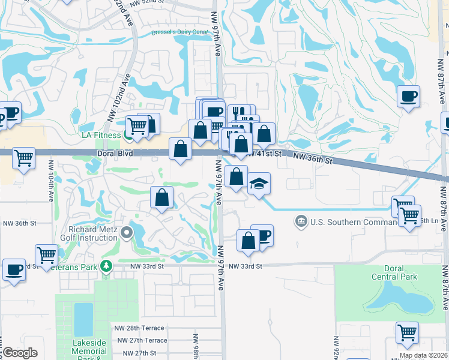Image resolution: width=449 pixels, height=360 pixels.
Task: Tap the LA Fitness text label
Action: point(102,135)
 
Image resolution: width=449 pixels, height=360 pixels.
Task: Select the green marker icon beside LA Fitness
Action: point(128,135)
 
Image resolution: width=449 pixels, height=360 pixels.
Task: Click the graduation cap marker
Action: point(259,183)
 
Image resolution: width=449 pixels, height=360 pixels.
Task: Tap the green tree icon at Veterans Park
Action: point(106,265)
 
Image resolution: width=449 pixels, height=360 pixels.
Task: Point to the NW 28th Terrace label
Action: point(139,328)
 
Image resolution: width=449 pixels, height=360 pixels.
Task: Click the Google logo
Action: point(20,353)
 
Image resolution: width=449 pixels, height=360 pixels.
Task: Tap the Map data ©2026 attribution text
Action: point(424,355)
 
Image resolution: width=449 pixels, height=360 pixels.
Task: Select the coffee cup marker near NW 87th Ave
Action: point(408,95)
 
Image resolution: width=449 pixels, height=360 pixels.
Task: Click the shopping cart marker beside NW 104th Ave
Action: point(23,158)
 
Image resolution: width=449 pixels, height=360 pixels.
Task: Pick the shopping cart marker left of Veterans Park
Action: point(46,254)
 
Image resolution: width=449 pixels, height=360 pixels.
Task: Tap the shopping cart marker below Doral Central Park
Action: point(407,332)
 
